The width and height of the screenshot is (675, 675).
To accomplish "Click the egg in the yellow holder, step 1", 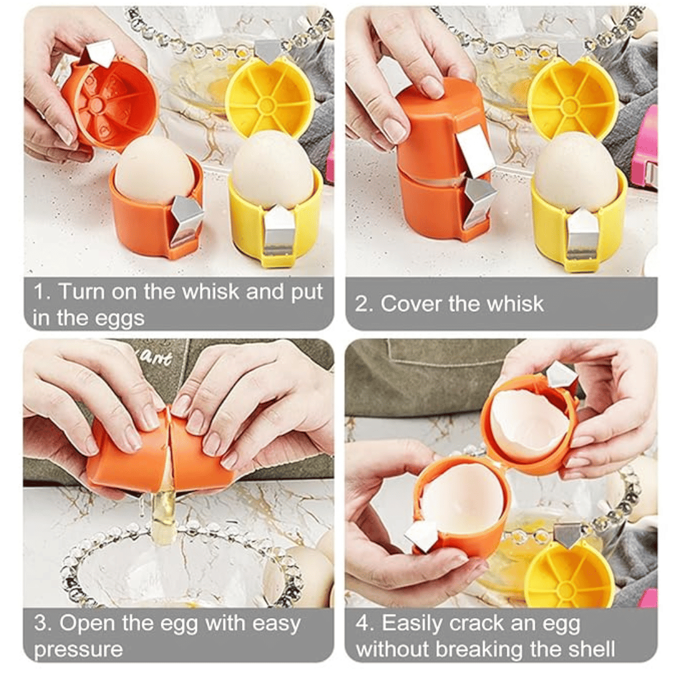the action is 271,169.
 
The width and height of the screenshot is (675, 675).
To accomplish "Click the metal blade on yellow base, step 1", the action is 278,234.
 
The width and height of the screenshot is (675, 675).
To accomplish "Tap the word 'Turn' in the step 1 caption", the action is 81,291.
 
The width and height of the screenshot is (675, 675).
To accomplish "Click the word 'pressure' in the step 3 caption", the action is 78,649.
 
